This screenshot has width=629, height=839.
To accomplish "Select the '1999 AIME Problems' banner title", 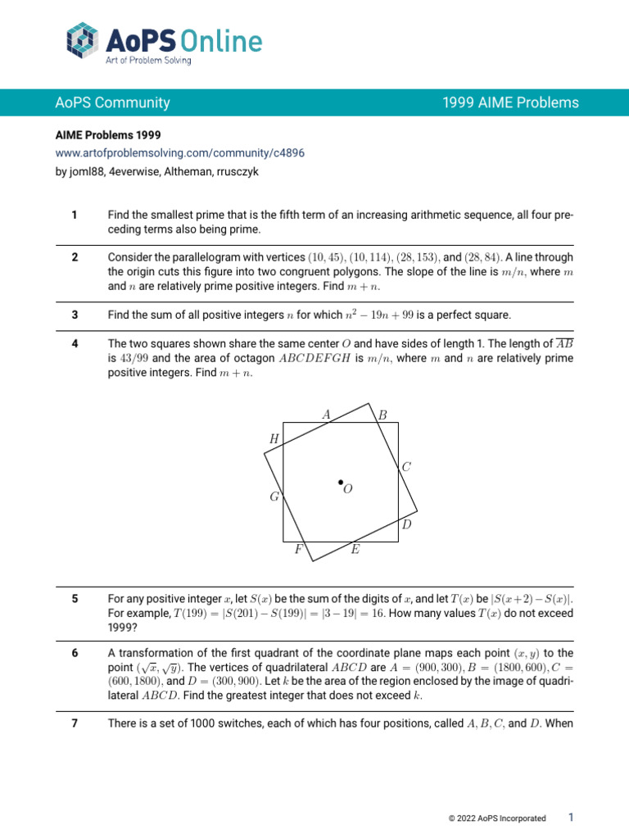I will point(510,102).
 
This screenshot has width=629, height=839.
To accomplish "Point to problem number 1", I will point(75,215).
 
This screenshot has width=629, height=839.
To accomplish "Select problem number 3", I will point(75,315).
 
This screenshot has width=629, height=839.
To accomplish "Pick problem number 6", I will point(75,652).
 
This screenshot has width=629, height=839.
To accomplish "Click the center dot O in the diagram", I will point(340,483).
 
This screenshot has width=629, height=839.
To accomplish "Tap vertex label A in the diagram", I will point(326,415).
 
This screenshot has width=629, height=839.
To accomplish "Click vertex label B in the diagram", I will point(382,415).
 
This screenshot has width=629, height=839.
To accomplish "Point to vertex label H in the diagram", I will point(274,439).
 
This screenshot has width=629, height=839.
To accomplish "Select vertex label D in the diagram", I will point(406,524).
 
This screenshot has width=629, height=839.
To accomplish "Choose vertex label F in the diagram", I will point(299,551).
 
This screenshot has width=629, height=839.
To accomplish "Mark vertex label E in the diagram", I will point(355,551).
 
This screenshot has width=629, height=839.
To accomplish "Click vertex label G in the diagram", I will point(274,497).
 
